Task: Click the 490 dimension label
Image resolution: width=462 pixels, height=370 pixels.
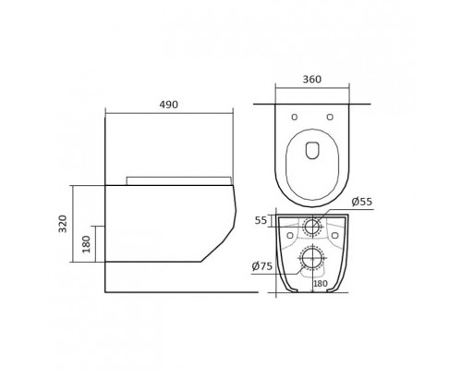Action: [x=168, y=105]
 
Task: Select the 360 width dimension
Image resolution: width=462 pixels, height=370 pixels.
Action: [x=312, y=80]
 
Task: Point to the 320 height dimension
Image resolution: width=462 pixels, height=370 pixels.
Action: [x=63, y=224]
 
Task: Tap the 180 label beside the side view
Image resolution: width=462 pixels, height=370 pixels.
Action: [x=87, y=244]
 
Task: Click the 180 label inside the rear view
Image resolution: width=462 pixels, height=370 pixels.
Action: [x=321, y=284]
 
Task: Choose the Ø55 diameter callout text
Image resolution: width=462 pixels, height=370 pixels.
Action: [x=362, y=202]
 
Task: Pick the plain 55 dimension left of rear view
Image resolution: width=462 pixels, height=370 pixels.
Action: [x=261, y=220]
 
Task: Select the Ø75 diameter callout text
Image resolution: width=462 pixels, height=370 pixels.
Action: [x=262, y=266]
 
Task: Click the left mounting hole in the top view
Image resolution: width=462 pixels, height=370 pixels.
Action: [x=295, y=117]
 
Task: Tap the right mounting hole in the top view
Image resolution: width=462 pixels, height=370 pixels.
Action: [x=330, y=117]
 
